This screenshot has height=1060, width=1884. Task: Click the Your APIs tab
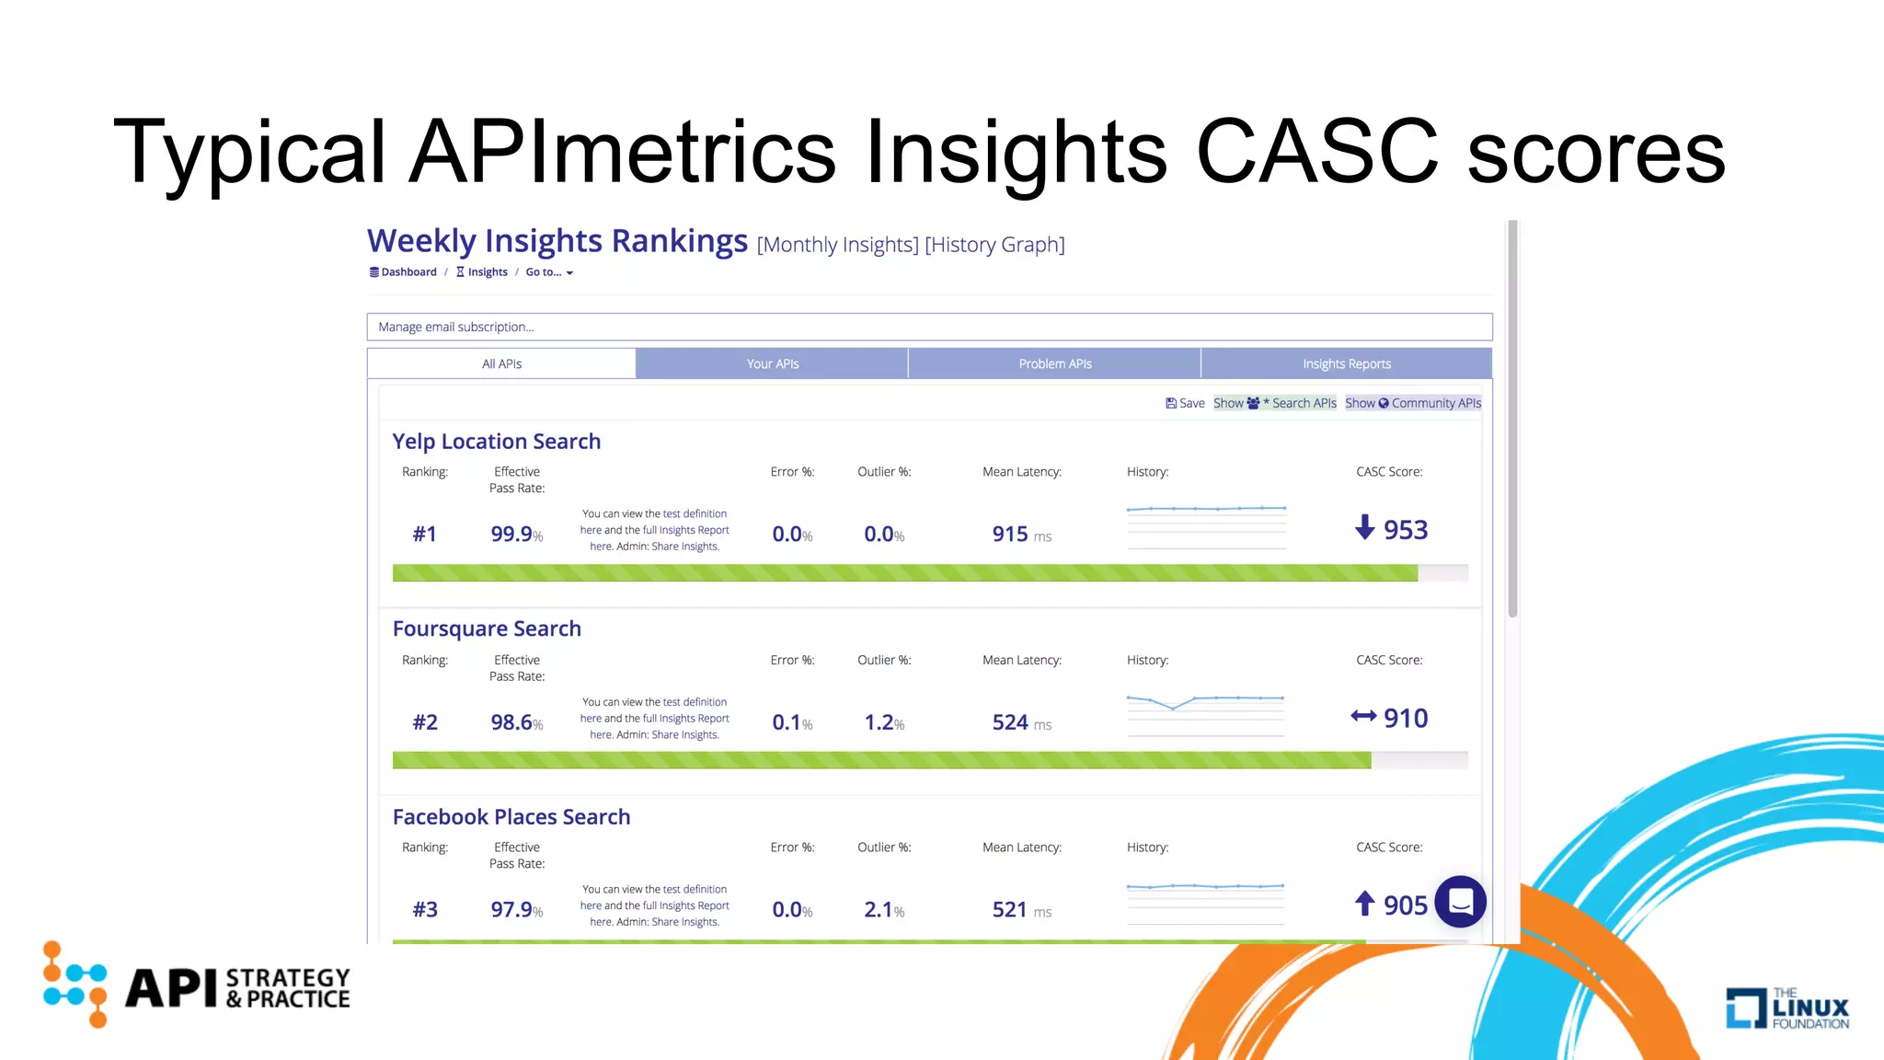(x=772, y=363)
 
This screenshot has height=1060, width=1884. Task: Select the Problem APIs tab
(x=1054, y=363)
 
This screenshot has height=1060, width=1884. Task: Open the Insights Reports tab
(x=1346, y=363)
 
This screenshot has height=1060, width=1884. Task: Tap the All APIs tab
(x=501, y=363)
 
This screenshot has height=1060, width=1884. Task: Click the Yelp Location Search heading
(x=496, y=442)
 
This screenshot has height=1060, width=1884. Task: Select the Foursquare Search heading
(x=487, y=628)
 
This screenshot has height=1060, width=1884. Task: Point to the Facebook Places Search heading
(x=511, y=817)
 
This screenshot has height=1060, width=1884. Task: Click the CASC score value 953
(x=1405, y=530)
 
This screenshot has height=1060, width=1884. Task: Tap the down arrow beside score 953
(x=1365, y=527)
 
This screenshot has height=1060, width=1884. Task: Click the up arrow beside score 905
(x=1365, y=904)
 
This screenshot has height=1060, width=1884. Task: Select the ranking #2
(x=425, y=722)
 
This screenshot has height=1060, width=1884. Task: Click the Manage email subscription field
(x=929, y=327)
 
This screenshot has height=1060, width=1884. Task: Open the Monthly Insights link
(x=837, y=245)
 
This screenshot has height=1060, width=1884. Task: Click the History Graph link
(x=994, y=245)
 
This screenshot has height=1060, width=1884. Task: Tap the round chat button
(x=1460, y=901)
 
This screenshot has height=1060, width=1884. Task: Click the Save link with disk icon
(x=1185, y=403)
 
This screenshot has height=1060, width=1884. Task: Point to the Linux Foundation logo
(x=1786, y=1008)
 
